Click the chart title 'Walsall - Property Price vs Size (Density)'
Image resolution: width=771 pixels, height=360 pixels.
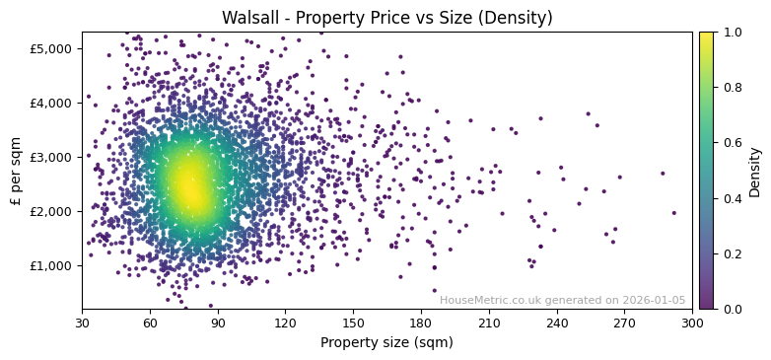coord(386,18)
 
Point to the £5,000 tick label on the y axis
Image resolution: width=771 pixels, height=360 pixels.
coord(52,48)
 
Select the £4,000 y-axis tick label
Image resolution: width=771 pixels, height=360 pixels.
coord(52,103)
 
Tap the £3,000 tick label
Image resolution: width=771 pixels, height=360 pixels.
coord(52,157)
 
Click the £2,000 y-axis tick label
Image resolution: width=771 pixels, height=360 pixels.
coord(52,211)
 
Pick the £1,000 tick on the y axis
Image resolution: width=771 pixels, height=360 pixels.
coord(52,265)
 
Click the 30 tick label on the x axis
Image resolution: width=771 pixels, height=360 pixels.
coord(82,323)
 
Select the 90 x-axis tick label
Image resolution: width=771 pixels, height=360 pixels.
coord(218,323)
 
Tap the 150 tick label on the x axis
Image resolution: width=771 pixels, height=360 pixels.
coord(353,323)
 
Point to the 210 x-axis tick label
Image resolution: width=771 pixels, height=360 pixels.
coord(489,323)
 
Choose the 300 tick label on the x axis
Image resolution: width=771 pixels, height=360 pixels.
coord(692,323)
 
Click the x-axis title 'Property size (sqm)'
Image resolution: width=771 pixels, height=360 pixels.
coord(386,342)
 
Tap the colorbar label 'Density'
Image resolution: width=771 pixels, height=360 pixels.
coord(754,171)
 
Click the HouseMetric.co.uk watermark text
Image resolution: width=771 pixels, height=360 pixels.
coord(562,300)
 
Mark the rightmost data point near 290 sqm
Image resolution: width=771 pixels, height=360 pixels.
coord(674,212)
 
